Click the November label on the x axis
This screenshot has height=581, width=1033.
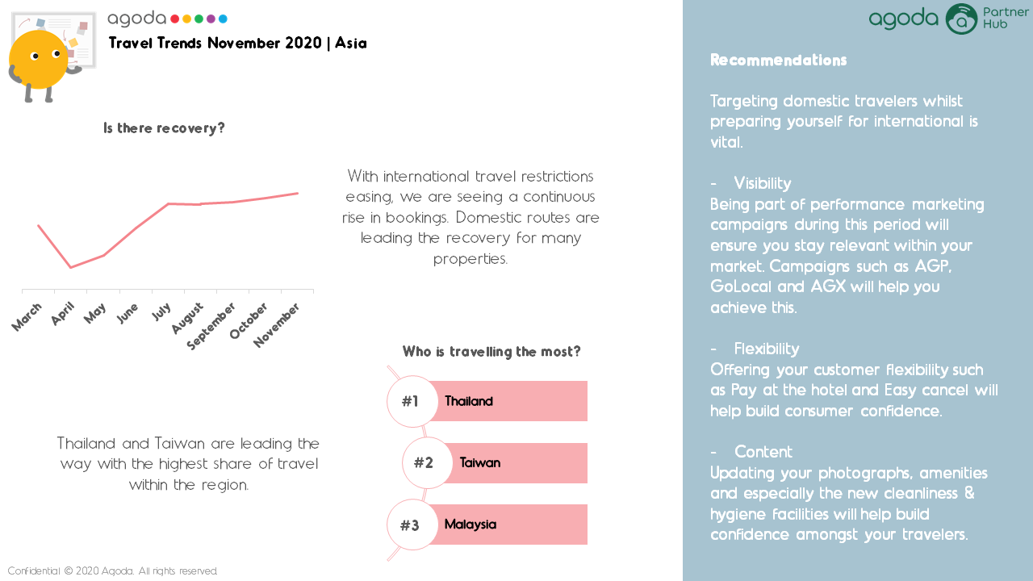[x=276, y=324]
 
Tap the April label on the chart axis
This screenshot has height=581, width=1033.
[x=63, y=313]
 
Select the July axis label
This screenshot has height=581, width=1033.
[x=161, y=311]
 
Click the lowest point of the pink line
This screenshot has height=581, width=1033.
[x=70, y=267]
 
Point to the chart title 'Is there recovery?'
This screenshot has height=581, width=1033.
[x=164, y=127]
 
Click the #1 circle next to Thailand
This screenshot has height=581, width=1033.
[x=412, y=401]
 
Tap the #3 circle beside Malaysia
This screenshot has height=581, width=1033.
[x=412, y=525]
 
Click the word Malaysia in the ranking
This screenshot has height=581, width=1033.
[x=470, y=525]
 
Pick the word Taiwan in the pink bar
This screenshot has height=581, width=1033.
[x=480, y=462]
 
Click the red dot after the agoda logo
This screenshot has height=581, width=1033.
[x=175, y=19]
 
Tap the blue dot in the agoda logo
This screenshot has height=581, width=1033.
[x=223, y=19]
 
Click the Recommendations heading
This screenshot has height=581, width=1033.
[x=779, y=60]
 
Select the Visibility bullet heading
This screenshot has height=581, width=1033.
[x=763, y=183]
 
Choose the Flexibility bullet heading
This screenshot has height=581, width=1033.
[x=767, y=349]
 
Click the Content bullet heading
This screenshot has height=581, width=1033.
[x=763, y=451]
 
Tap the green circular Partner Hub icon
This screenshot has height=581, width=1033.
[x=961, y=19]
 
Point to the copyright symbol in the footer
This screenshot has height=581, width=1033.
[x=69, y=571]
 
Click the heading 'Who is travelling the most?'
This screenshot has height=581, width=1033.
[x=491, y=351]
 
